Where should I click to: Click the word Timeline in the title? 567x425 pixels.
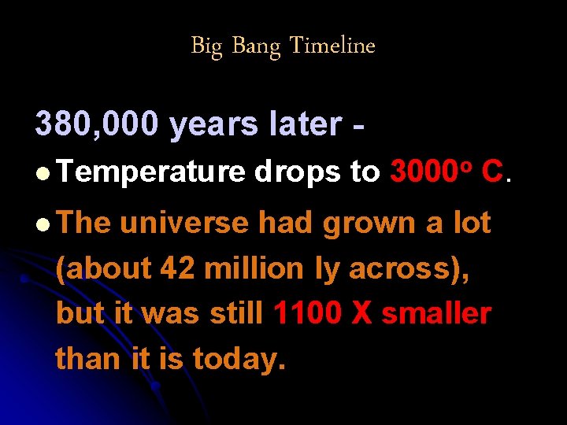coord(332,46)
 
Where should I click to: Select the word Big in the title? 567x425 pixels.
coord(208,46)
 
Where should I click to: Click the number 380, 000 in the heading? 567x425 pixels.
coord(98,124)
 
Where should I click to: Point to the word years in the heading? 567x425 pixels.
coord(213,124)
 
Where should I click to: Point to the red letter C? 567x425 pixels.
coord(491,172)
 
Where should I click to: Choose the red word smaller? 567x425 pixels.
coord(436,314)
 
